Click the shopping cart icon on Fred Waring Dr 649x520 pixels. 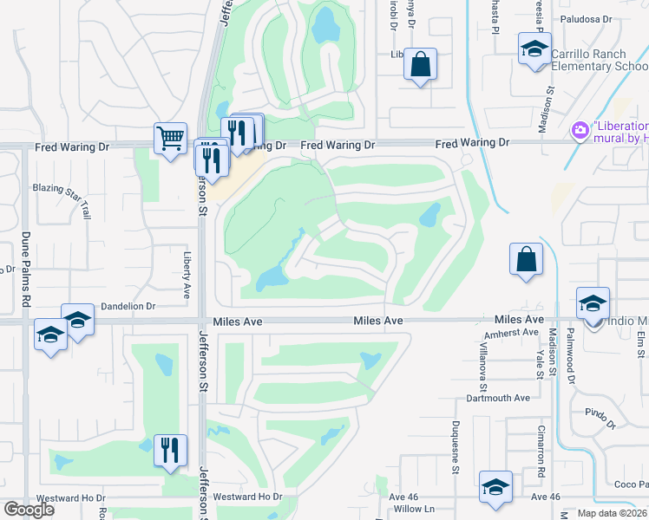coord(170,138)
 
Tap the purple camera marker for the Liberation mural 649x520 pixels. coord(578,131)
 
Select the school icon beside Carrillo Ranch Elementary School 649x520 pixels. coord(534,48)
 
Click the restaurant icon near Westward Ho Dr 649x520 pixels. coord(170,450)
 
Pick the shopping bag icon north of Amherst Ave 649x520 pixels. coord(526,258)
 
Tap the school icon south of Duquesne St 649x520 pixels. coord(495,486)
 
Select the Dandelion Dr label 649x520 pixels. coord(127,306)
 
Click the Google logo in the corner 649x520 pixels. coord(29,510)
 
